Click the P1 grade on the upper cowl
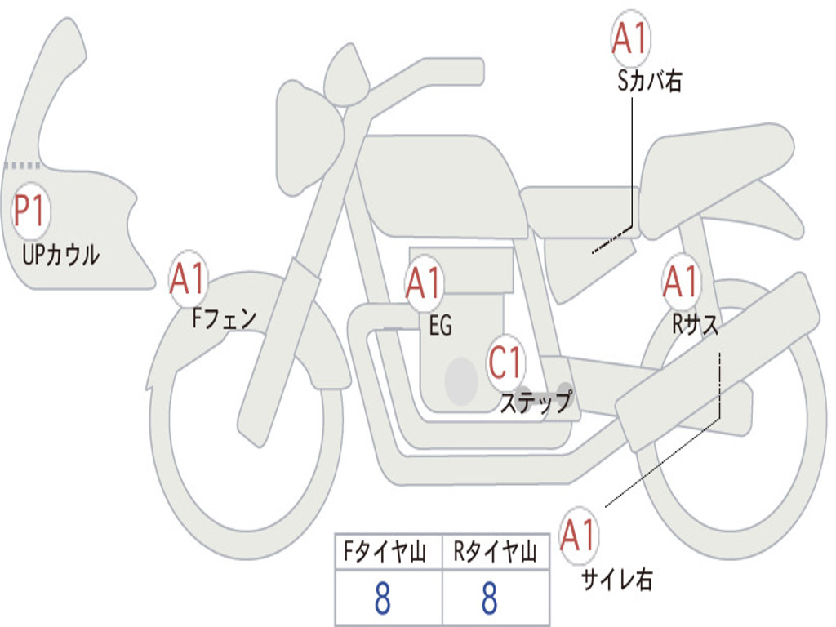tap(31, 212)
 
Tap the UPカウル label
tap(61, 255)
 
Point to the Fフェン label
tap(224, 317)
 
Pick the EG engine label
tap(440, 326)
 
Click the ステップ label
tap(536, 402)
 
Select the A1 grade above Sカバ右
tap(630, 39)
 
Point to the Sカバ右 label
tap(649, 82)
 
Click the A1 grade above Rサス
tap(681, 282)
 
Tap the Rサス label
tap(696, 324)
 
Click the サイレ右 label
tap(617, 580)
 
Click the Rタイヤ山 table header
tap(495, 554)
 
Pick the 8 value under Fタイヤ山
tap(382, 598)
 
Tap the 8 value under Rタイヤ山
tap(490, 598)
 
